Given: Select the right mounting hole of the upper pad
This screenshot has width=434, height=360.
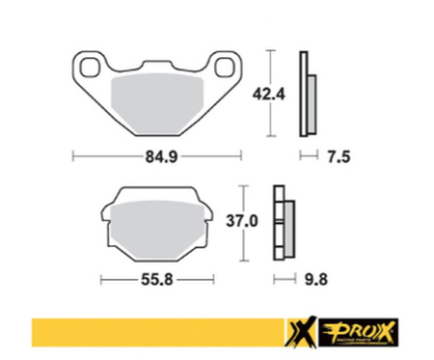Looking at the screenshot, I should pyautogui.click(x=228, y=68).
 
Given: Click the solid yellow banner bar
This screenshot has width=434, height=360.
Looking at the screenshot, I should pyautogui.click(x=154, y=332).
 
